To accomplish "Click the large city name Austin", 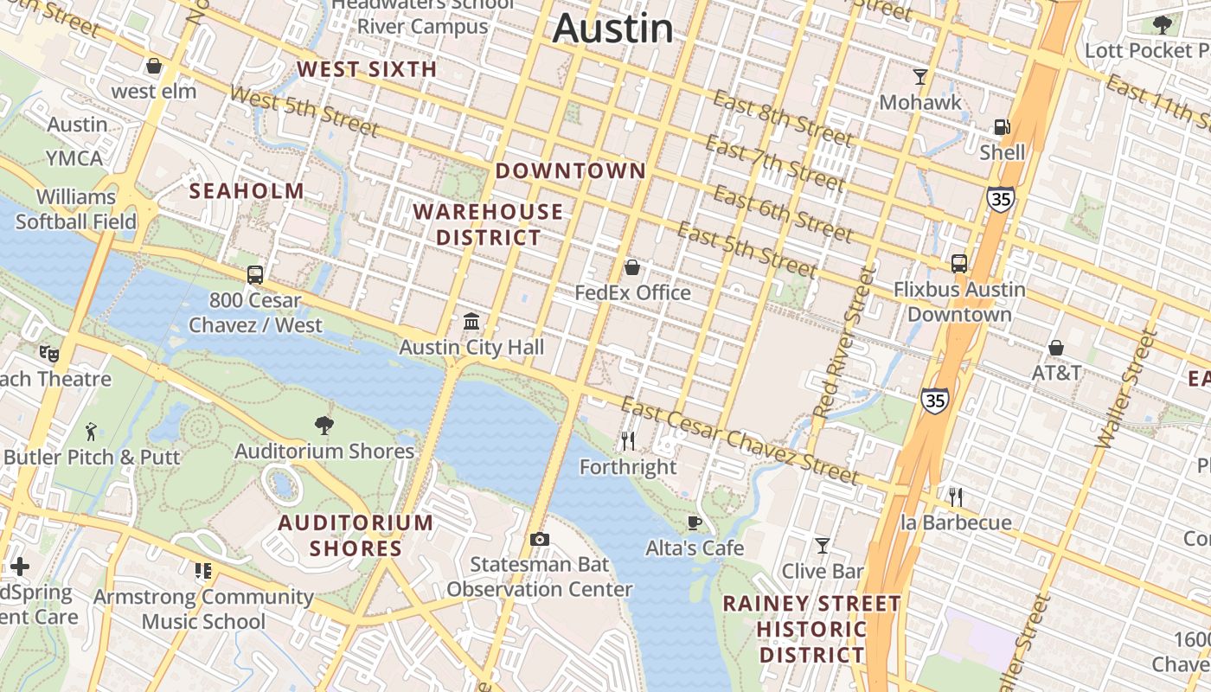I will tap(612, 28).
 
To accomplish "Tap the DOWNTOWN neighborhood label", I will tap(570, 171).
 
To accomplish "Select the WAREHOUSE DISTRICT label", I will tap(488, 224).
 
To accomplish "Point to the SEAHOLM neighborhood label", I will tap(247, 191).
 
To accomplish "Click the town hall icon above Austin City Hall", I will tap(471, 322).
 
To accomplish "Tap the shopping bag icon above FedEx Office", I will tap(632, 267).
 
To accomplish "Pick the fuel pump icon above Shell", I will tap(1002, 127).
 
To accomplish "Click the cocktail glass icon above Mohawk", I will tap(920, 77).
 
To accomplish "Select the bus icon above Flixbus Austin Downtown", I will tap(959, 264).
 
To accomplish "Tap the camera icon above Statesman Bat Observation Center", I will tap(540, 540).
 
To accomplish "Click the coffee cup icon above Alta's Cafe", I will tap(694, 522).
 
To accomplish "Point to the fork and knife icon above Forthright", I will tap(628, 441).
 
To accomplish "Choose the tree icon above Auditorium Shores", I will tap(324, 425).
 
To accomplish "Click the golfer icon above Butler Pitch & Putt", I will tap(91, 431).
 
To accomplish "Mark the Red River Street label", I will tap(845, 344).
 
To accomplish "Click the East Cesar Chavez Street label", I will tap(740, 440).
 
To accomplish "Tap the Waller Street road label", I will tap(1126, 389).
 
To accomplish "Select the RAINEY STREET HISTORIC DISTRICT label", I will tap(811, 629).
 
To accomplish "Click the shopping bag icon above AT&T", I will tap(1055, 348).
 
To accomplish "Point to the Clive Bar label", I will tap(823, 571).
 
